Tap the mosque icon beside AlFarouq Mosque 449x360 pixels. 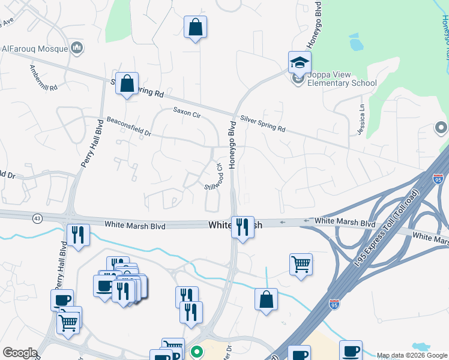(76, 47)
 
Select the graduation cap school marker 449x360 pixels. (300, 62)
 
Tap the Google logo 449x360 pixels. (20, 353)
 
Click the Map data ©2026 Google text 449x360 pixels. (412, 356)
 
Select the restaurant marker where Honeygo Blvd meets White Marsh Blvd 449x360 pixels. (243, 227)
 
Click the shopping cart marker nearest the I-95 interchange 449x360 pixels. (301, 264)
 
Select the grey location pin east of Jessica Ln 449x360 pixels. (441, 128)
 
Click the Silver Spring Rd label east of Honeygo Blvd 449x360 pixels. (262, 124)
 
